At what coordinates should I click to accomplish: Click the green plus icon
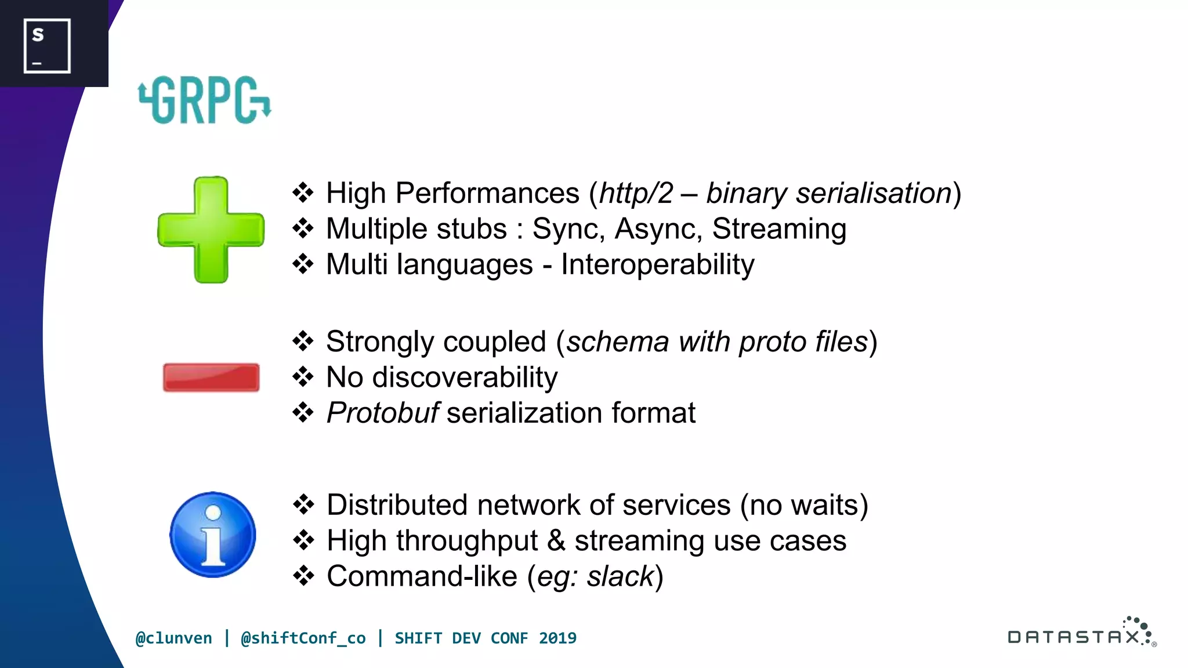[211, 230]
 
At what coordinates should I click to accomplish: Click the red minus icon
[211, 377]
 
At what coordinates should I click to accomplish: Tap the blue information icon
[213, 535]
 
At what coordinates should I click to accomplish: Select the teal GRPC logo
[204, 100]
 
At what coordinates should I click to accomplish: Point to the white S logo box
[47, 46]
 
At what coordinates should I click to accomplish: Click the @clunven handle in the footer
[173, 638]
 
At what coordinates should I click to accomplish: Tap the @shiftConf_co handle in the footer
[303, 638]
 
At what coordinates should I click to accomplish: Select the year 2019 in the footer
[557, 638]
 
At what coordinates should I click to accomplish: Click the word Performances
[487, 193]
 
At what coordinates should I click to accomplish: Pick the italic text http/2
[636, 193]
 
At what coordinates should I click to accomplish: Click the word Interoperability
[657, 265]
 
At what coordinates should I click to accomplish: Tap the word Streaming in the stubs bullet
[779, 228]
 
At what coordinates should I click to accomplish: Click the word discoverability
[465, 377]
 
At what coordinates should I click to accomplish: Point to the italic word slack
[620, 577]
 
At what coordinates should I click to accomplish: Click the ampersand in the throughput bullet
[556, 541]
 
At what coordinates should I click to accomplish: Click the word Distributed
[397, 505]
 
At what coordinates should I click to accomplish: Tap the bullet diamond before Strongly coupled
[303, 342]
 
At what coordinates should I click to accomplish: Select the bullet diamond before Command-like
[303, 576]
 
